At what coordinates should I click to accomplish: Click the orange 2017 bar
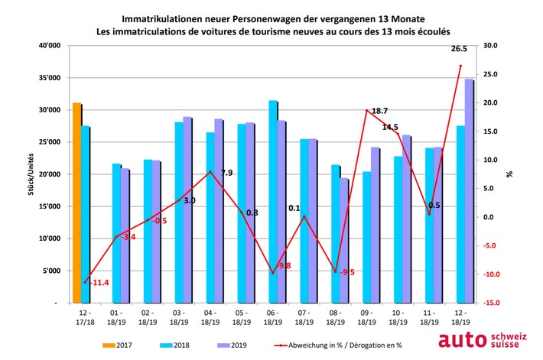[x=76, y=203]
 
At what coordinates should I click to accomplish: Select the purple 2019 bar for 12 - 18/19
[x=469, y=191]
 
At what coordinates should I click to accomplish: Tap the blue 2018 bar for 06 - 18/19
[x=273, y=202]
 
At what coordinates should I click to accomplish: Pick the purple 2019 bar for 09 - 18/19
[x=376, y=225]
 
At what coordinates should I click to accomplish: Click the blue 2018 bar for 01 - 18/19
[x=116, y=233]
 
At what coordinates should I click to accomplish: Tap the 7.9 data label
[x=226, y=173]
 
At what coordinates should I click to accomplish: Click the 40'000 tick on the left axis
[x=48, y=46]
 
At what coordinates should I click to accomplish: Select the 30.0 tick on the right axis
[x=490, y=46]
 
